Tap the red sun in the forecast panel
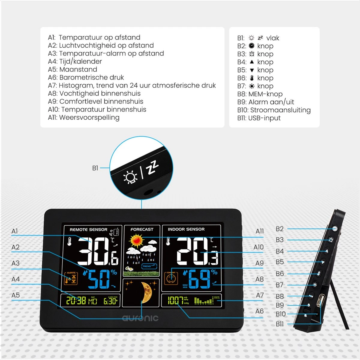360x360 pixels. coord(137,240)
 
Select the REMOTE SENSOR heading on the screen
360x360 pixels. coord(88,229)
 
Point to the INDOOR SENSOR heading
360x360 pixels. coord(186,229)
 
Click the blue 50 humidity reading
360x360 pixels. coord(99,279)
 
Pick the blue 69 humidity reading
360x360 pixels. coord(199,279)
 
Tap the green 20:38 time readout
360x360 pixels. coord(76,300)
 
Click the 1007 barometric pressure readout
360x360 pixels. coord(175,300)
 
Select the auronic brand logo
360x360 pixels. coord(140,318)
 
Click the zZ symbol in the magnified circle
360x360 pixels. coord(153,167)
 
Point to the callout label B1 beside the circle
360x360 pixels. coord(95,168)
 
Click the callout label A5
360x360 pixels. coord(15,295)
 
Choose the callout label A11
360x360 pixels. coord(259,231)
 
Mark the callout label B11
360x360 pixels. coord(279,324)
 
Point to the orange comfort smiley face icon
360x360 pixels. coord(171,278)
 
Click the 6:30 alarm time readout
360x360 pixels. coord(110,301)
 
